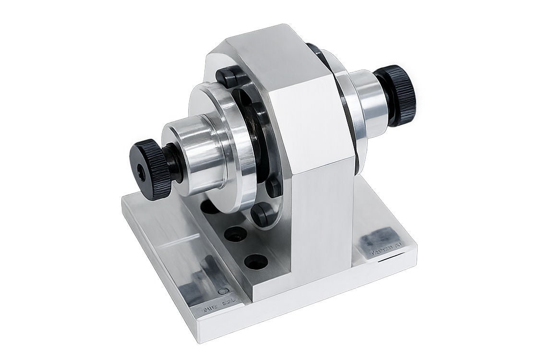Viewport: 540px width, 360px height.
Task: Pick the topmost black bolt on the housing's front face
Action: [x=225, y=75]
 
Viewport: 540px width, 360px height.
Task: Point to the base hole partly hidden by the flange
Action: [x=209, y=207]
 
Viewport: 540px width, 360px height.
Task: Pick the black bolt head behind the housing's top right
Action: [x=314, y=48]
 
